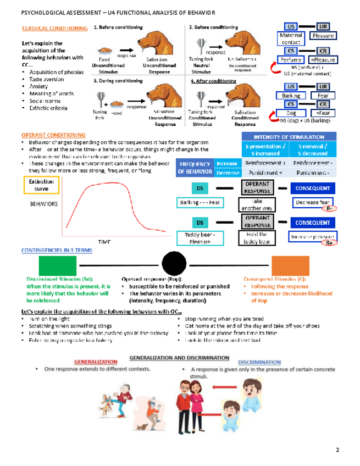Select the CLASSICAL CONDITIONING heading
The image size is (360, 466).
point(53,28)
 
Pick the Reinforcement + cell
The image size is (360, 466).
point(264,163)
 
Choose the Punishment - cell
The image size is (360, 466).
point(312,172)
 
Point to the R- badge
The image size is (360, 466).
point(329,209)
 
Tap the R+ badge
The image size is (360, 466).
point(329,243)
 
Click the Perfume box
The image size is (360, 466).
point(290,59)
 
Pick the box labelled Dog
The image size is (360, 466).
point(290,113)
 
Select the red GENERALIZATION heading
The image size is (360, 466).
point(96,362)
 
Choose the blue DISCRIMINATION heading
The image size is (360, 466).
point(259,362)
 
